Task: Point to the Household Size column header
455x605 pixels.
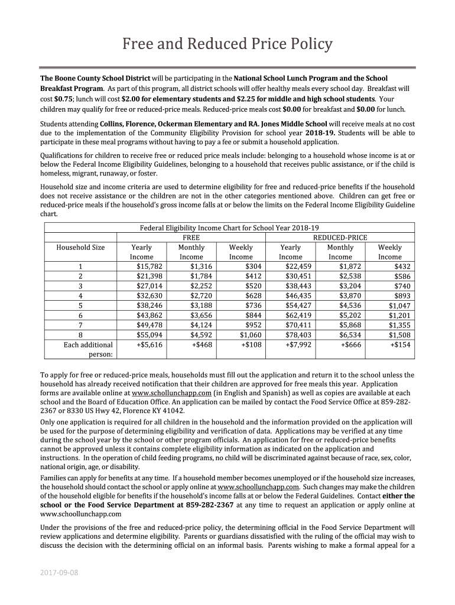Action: tap(80, 247)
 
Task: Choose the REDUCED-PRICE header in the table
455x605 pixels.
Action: tap(340, 238)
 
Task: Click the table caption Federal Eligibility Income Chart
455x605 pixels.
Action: tap(229, 228)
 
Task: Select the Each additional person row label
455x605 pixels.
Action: tap(87, 349)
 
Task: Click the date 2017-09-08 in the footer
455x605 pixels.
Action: tap(59, 573)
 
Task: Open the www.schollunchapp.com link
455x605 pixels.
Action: tap(171, 392)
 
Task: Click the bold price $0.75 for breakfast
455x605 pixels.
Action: tap(63, 99)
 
